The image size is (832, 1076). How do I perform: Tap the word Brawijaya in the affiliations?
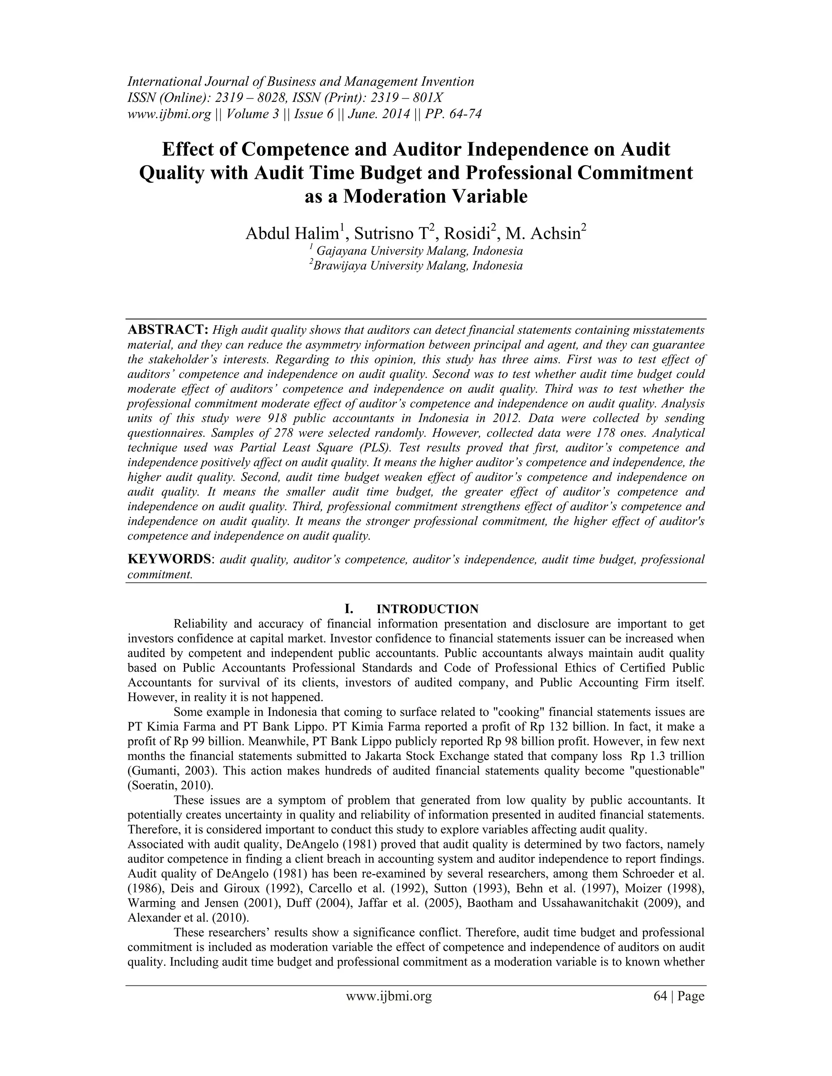click(340, 266)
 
